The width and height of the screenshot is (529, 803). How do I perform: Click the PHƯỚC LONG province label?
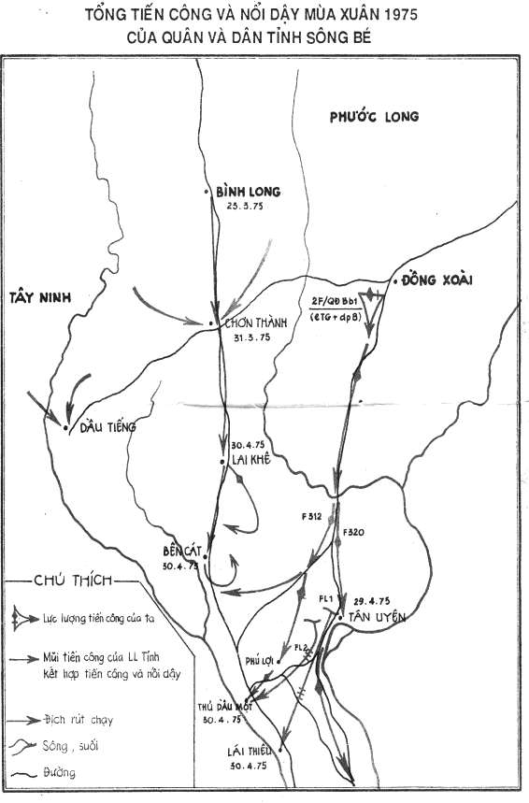[375, 117]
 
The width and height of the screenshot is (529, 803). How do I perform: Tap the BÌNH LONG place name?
[248, 192]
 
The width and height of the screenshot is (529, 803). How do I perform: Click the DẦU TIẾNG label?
[107, 427]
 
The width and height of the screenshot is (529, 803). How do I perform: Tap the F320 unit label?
[354, 532]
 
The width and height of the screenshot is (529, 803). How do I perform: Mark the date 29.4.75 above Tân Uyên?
[372, 601]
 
